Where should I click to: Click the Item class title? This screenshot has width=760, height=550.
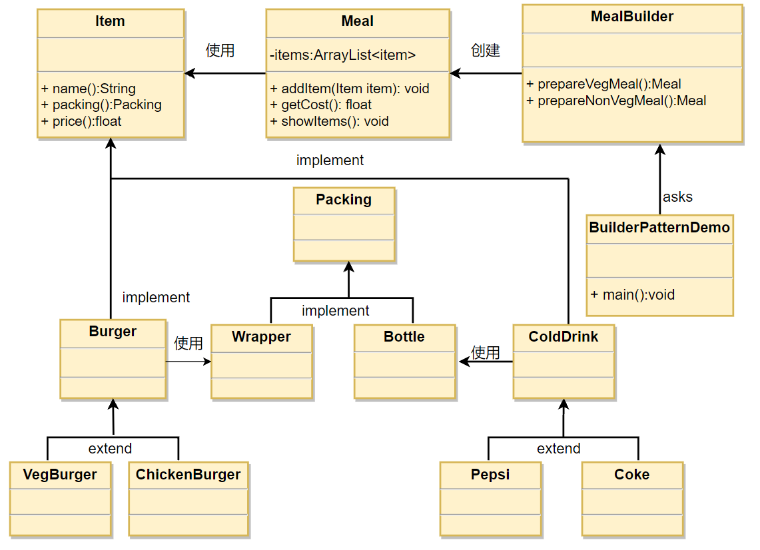pyautogui.click(x=110, y=21)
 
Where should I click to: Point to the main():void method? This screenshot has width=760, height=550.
pyautogui.click(x=632, y=294)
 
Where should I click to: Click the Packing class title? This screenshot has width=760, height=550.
pyautogui.click(x=344, y=200)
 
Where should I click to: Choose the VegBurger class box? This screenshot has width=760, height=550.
pyautogui.click(x=60, y=499)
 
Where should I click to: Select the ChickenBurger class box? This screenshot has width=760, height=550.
pyautogui.click(x=188, y=499)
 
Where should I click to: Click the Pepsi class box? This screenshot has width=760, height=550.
pyautogui.click(x=490, y=499)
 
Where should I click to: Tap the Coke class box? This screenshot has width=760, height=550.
pyautogui.click(x=631, y=499)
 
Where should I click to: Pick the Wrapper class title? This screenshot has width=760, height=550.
pyautogui.click(x=261, y=337)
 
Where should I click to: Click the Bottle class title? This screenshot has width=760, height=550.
pyautogui.click(x=404, y=337)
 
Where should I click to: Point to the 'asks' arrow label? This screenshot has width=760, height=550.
pyautogui.click(x=677, y=197)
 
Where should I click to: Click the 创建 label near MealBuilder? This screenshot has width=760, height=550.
pyautogui.click(x=485, y=51)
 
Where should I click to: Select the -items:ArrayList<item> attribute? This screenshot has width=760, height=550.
pyautogui.click(x=342, y=55)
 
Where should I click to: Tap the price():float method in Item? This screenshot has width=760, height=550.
pyautogui.click(x=81, y=121)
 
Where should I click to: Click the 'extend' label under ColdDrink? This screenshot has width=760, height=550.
pyautogui.click(x=558, y=449)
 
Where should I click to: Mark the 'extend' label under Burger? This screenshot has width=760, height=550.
pyautogui.click(x=110, y=449)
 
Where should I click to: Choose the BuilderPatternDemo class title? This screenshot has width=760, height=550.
pyautogui.click(x=659, y=228)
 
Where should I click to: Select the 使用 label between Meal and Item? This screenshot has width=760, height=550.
pyautogui.click(x=220, y=51)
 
